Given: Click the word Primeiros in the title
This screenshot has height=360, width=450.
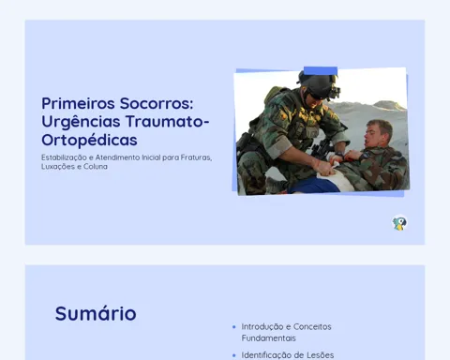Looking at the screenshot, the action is tap(78, 103).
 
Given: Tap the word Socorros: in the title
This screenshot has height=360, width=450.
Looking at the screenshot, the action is tap(157, 103).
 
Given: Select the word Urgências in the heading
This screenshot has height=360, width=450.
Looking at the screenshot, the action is tap(81, 123).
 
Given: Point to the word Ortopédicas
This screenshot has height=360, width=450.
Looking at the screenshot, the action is tap(89, 141).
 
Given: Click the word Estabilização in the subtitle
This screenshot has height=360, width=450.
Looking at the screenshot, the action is tap(64, 157).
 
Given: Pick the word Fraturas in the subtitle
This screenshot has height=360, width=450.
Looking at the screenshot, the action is tap(196, 157).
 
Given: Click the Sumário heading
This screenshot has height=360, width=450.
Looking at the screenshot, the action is tap(96, 313).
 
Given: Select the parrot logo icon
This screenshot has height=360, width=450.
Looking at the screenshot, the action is tap(399, 223).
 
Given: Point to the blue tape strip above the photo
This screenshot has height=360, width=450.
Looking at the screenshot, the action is tap(321, 71).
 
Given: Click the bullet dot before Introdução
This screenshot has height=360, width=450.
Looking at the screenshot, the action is tap(234, 327).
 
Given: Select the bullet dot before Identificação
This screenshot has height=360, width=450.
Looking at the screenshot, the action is tap(234, 355).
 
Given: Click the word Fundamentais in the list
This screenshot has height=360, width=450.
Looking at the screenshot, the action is tap(268, 338).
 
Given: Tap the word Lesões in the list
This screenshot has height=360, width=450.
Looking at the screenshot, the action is tap(321, 355).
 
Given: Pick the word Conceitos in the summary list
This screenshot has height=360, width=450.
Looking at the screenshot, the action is tap(312, 327).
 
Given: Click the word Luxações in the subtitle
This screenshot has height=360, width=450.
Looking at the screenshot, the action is tap(59, 167).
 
